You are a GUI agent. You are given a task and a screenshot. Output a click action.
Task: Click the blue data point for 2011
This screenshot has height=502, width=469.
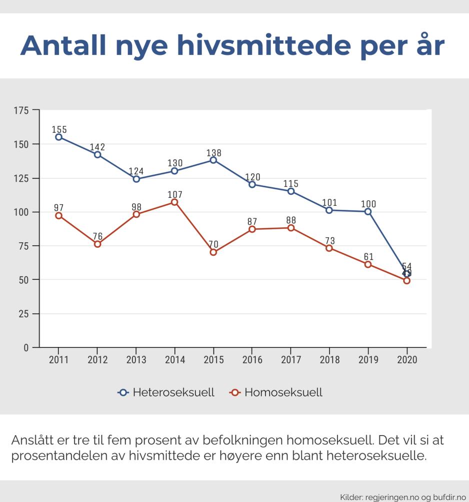pos(58,137)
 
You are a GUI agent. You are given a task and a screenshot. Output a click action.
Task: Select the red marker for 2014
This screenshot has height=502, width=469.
pos(174,202)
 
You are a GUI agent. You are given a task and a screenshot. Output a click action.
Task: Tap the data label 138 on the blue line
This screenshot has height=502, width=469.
pos(213,153)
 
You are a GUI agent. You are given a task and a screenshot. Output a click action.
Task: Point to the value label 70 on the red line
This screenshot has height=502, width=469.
pos(213,245)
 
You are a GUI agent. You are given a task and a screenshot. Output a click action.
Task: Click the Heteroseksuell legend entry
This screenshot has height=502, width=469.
pos(166,393)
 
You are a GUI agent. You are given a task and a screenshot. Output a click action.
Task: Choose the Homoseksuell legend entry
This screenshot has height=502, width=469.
pos(276,393)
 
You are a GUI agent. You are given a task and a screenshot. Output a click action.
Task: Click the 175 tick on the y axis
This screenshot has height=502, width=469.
pos(22,110)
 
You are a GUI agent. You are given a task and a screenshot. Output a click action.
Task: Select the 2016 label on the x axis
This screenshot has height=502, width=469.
pos(252,360)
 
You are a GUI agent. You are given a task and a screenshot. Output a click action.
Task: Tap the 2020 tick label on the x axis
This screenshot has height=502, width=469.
pos(406,360)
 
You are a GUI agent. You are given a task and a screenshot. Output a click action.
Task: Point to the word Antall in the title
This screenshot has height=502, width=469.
pos(63,45)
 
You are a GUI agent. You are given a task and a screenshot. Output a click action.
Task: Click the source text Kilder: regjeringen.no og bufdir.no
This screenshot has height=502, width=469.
pos(401,497)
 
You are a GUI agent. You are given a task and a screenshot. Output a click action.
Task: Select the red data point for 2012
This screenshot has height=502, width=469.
pos(97,244)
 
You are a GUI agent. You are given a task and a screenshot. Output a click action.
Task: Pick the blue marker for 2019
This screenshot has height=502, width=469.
pos(368,212)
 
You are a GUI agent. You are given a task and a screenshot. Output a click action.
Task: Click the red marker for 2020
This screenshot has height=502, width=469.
pos(406,281)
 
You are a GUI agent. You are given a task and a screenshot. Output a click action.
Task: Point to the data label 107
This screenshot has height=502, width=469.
pos(175,195)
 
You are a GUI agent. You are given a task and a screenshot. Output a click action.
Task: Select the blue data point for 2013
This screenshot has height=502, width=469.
pos(136,179)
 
